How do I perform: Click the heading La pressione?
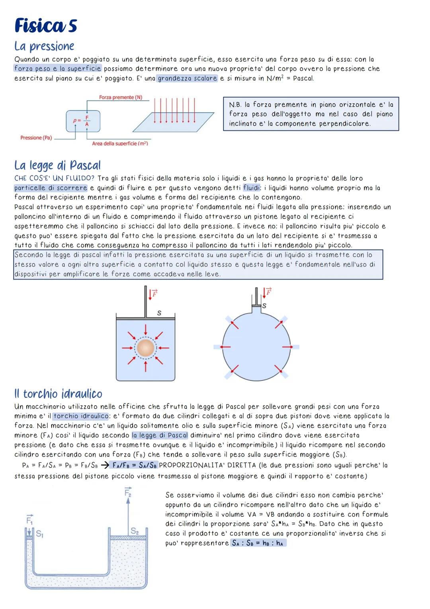[x=44, y=46]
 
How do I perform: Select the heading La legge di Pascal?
[x=57, y=165]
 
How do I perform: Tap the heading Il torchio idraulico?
[x=58, y=394]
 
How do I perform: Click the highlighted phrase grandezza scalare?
[x=187, y=78]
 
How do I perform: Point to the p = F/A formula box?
[x=83, y=121]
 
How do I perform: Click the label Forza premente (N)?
[x=121, y=97]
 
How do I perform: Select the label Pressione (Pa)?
[x=36, y=138]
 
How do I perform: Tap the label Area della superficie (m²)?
[x=119, y=143]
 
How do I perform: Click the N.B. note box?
[x=311, y=114]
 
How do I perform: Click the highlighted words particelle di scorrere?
[x=51, y=188]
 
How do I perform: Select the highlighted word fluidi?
[x=251, y=188]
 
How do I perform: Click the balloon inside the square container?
[x=145, y=348]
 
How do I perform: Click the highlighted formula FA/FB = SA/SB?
[x=135, y=465]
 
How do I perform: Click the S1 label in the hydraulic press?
[x=39, y=533]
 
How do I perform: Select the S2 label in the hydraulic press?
[x=135, y=531]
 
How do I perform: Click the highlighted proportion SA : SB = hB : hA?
[x=258, y=543]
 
